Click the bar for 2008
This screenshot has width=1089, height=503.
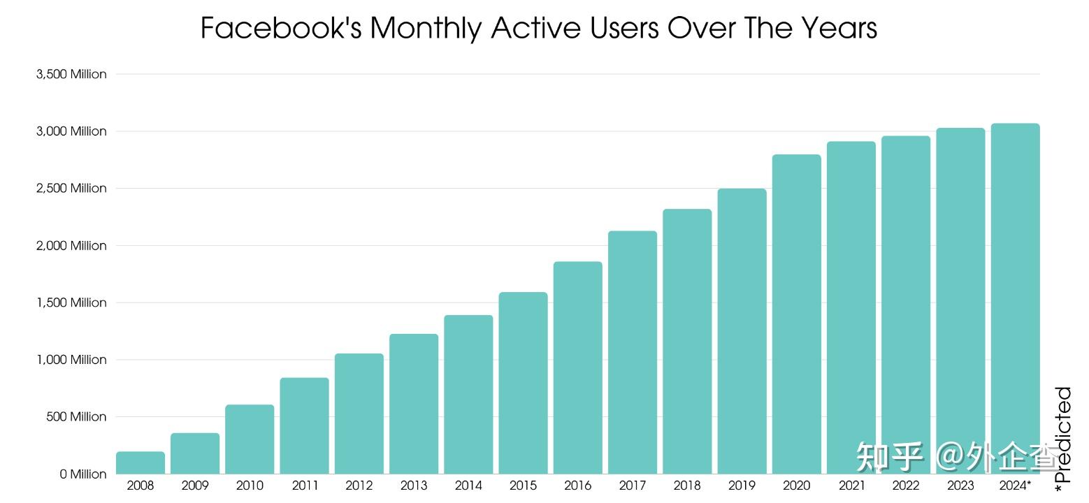pyautogui.click(x=140, y=462)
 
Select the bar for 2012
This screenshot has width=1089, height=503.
pyautogui.click(x=359, y=414)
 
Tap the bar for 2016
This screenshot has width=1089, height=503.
pyautogui.click(x=577, y=367)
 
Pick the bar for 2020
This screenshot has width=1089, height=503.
pyautogui.click(x=796, y=314)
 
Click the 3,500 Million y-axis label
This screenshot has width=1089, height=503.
pyautogui.click(x=71, y=74)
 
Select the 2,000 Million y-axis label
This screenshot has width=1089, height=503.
pyautogui.click(x=71, y=245)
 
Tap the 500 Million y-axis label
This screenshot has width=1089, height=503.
pyautogui.click(x=76, y=416)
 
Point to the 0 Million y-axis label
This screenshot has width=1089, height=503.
pyautogui.click(x=83, y=474)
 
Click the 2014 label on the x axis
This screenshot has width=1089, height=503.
pyautogui.click(x=468, y=486)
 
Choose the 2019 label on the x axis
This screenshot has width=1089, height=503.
pyautogui.click(x=742, y=486)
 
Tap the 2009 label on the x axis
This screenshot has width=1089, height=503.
pyautogui.click(x=195, y=486)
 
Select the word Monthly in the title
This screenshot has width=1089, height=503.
pyautogui.click(x=427, y=29)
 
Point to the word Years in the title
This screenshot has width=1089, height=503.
pyautogui.click(x=839, y=29)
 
